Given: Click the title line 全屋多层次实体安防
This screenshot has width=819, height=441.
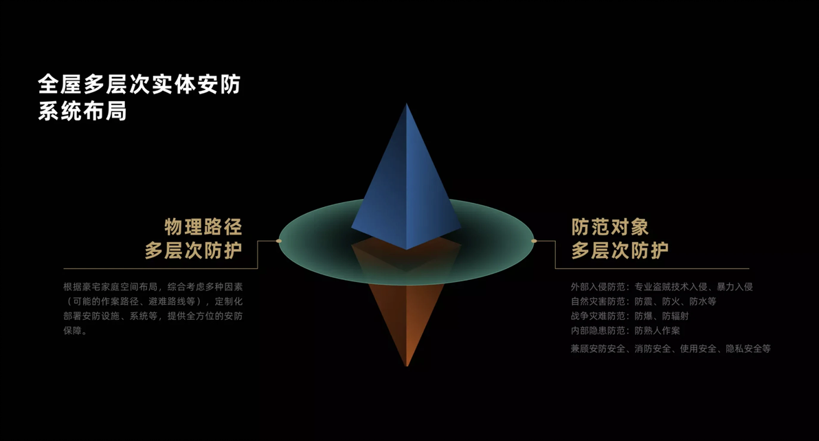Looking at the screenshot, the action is (139, 84).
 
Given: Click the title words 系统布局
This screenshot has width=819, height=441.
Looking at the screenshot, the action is (82, 111).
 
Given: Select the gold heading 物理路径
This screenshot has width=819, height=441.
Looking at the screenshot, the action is (203, 227).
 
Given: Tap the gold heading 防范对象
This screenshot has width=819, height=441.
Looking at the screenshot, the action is (610, 227).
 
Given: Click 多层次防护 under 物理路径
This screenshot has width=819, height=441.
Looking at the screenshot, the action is (194, 250).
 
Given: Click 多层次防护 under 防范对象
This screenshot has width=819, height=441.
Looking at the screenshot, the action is (620, 250).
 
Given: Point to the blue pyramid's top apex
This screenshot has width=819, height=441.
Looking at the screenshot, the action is (407, 104).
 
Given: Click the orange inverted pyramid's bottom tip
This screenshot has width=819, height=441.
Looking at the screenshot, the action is (407, 365).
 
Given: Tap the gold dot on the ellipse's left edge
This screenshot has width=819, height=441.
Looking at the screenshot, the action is (279, 241).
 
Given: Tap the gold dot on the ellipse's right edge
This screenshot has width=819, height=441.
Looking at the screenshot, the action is (534, 241).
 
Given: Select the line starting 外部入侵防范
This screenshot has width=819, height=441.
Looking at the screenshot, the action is (662, 287).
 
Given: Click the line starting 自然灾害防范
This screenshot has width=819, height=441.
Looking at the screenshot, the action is (644, 301).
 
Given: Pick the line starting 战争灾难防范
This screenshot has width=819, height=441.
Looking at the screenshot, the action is (630, 316).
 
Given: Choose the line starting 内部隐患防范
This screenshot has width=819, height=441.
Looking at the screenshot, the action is (625, 331).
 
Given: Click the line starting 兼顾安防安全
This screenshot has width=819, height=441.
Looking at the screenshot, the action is (671, 348).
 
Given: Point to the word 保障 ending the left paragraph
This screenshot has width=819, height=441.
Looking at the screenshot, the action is (73, 331).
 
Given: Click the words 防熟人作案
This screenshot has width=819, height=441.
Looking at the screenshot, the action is (657, 331).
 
